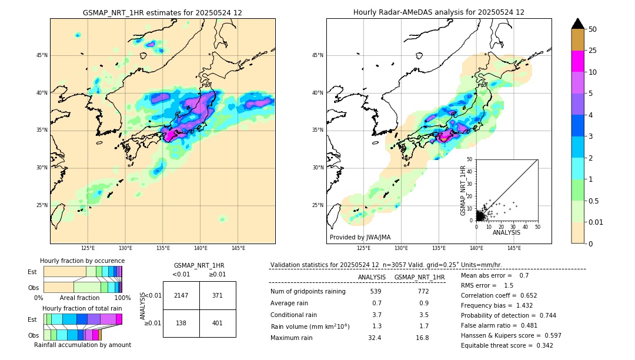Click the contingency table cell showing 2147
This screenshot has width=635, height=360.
point(181,295)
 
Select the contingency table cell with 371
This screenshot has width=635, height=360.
point(218,295)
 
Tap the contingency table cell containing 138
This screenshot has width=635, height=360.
point(181,324)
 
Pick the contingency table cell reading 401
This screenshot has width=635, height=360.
point(218,324)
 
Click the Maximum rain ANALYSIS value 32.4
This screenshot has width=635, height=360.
point(375,338)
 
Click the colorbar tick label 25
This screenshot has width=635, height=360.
point(593,51)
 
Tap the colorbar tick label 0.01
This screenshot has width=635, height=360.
point(596,222)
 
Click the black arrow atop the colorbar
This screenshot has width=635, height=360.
point(578,24)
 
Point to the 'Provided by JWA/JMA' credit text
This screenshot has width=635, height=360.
point(360,237)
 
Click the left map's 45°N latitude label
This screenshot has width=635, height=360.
point(42,55)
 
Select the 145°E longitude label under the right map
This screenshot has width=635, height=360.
point(514,248)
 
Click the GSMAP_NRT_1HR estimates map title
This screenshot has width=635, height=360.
point(162,12)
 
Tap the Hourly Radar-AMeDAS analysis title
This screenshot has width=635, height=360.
point(439,12)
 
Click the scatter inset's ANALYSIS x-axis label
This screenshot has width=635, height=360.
point(506,232)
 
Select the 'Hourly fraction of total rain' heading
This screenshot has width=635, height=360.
point(82,308)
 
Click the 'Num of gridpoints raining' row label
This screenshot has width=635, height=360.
point(308,292)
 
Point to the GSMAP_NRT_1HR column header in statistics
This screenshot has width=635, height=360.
point(419,277)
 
